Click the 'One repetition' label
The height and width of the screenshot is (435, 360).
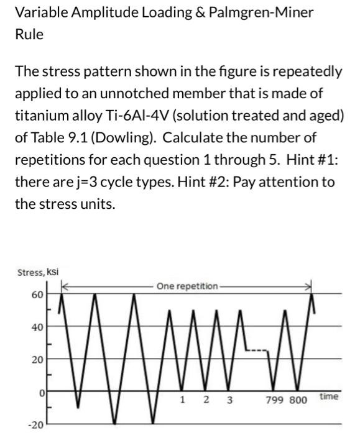click(187, 286)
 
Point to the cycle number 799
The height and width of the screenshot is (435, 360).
click(275, 400)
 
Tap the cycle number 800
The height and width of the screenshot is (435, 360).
click(298, 400)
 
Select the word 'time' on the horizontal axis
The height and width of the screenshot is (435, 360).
click(329, 396)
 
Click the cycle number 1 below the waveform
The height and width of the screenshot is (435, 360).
click(181, 400)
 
